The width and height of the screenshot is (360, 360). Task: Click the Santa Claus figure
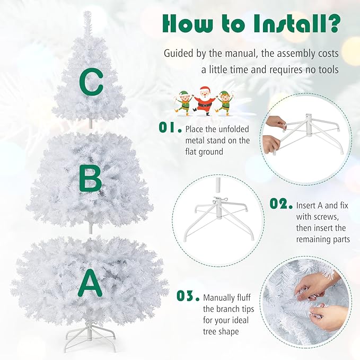(x=204, y=100)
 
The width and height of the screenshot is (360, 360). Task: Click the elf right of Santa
(x=224, y=102)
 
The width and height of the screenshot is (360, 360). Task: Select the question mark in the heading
(x=333, y=24)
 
